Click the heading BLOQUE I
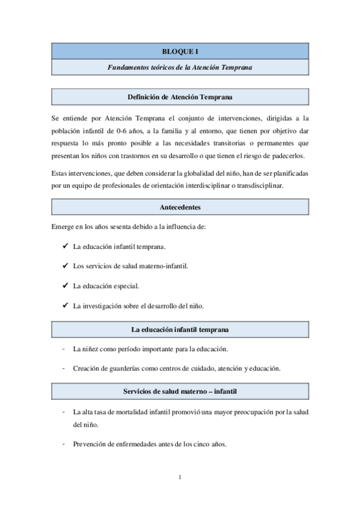(180, 52)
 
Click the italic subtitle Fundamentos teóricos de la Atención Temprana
(180, 67)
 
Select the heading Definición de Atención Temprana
(180, 97)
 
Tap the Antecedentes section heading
(180, 207)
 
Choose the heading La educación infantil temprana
(180, 330)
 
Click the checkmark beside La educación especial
(64, 286)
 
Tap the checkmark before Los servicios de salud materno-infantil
(64, 266)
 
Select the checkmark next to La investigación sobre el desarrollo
(64, 306)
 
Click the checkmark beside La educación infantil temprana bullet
(64, 247)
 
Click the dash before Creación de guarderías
(64, 368)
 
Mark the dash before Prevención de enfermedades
(64, 445)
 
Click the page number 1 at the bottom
(180, 478)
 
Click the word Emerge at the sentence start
(63, 227)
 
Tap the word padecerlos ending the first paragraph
(288, 156)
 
